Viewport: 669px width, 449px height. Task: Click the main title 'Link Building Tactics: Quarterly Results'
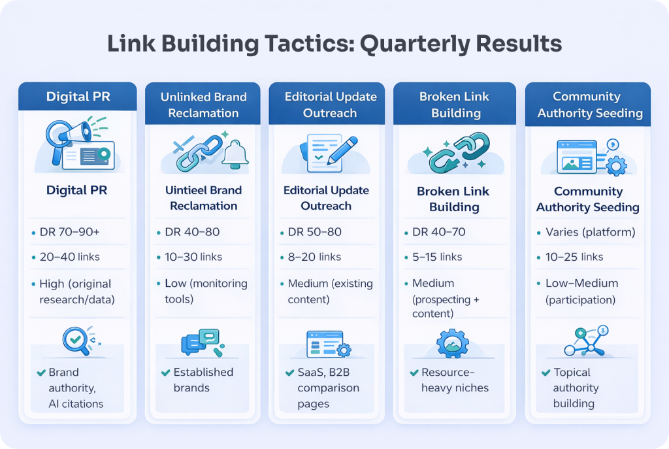click(334, 44)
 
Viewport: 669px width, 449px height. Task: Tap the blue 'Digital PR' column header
click(77, 97)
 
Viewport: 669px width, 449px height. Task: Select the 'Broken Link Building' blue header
click(455, 105)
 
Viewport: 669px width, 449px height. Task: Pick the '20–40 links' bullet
click(70, 257)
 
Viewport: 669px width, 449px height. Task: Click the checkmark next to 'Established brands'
click(165, 373)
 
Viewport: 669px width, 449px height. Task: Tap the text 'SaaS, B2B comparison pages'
click(328, 388)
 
